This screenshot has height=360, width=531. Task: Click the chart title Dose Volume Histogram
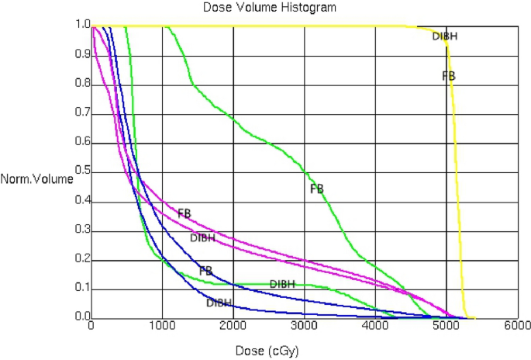(x=265, y=8)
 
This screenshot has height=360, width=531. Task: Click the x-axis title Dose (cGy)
(x=265, y=348)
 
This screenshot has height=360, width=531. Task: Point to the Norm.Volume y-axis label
(x=37, y=178)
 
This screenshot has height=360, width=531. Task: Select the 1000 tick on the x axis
(x=163, y=328)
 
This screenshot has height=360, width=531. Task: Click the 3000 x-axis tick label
(x=304, y=328)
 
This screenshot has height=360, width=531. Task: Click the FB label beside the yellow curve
(x=449, y=76)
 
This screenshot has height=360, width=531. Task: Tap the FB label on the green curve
(x=316, y=189)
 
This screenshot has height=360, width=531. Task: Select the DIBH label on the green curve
(x=282, y=284)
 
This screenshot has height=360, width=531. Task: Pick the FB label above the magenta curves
(x=184, y=213)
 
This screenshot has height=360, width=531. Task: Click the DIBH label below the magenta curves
(x=203, y=237)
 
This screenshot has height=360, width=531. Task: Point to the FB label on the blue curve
(x=206, y=272)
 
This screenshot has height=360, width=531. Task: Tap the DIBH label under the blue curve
(x=219, y=303)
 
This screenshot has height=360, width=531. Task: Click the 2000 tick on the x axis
(x=233, y=328)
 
